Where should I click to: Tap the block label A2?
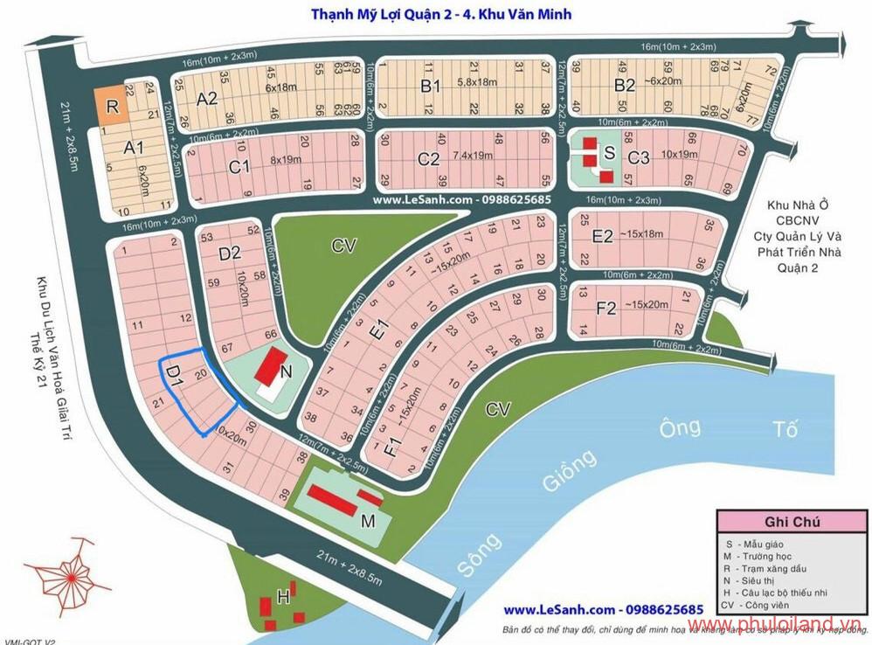(x=206, y=99)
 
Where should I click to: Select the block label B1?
(x=430, y=86)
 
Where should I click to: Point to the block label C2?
(x=428, y=159)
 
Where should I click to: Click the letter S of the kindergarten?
(x=609, y=152)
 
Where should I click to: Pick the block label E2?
(x=603, y=236)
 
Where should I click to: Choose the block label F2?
(x=606, y=308)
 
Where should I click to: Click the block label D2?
(x=229, y=254)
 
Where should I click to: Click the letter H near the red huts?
(x=283, y=598)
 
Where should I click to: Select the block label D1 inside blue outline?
(x=173, y=371)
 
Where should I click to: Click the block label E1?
(x=377, y=332)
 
